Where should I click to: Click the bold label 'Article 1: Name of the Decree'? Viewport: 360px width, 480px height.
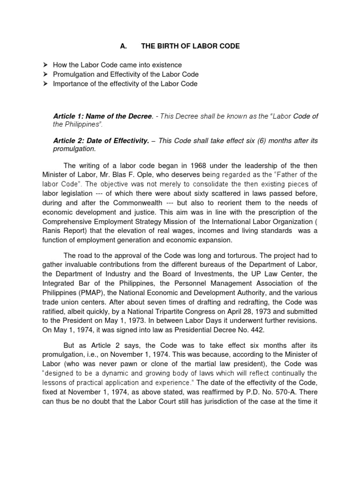coord(104,116)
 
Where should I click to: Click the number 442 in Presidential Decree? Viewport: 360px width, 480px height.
coord(244,330)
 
